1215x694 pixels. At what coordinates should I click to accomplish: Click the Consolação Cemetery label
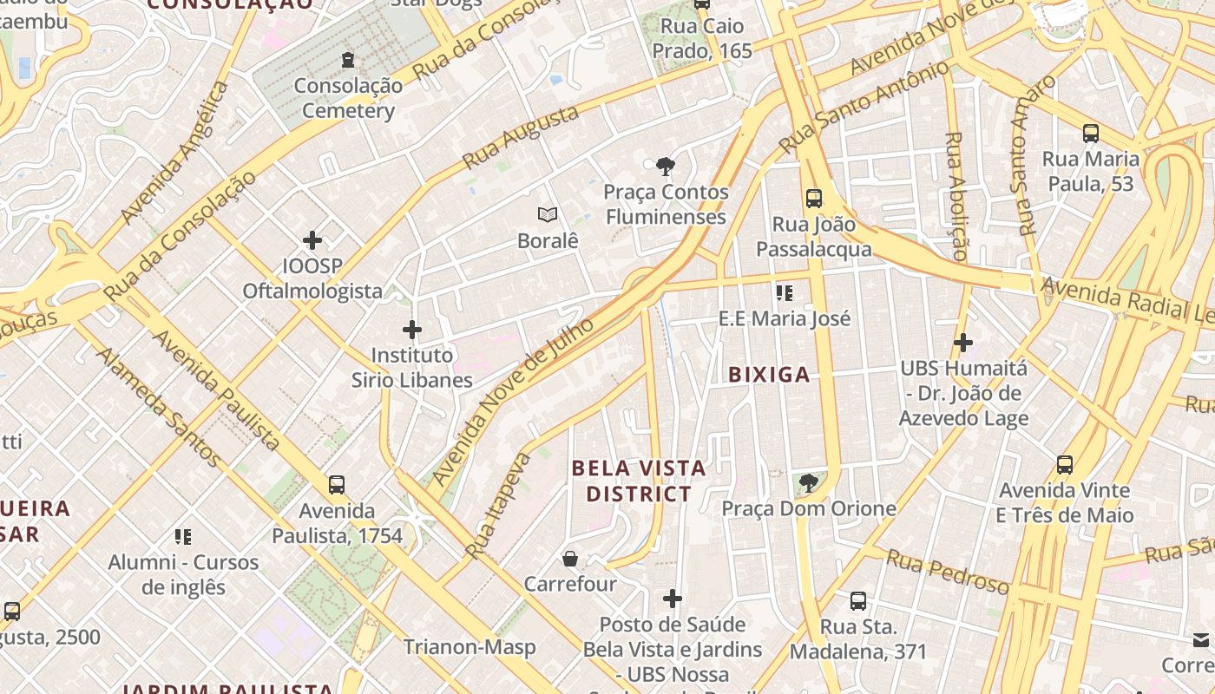coord(348,98)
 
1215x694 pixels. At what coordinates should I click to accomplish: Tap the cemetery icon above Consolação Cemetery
coord(348,59)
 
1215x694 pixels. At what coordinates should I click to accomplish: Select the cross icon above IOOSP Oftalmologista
coord(312,240)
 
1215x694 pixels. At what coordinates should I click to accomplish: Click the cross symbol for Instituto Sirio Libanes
coord(412,330)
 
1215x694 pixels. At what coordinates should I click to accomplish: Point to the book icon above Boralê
coord(547,214)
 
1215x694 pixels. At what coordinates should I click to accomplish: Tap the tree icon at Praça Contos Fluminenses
coord(666,166)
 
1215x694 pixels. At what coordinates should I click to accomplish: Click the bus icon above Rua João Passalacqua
coord(813,198)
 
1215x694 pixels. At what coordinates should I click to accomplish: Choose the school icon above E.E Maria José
coord(785,293)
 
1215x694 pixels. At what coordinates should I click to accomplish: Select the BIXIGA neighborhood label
coord(769,375)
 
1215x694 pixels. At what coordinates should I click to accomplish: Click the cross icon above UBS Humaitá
coord(962,343)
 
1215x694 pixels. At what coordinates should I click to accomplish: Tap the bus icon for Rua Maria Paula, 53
coord(1091,134)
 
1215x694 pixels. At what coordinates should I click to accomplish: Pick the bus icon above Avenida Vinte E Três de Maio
coord(1065,465)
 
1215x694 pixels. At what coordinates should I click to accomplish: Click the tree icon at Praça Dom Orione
coord(809,482)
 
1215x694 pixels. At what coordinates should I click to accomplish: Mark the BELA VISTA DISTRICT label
coord(639,481)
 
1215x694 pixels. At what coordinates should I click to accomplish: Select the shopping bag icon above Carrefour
coord(570,558)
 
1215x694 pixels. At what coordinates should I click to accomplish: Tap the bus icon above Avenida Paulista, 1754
coord(337,485)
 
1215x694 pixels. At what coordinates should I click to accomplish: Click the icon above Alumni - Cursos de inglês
coord(183,537)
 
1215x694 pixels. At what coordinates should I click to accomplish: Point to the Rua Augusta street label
coord(520,138)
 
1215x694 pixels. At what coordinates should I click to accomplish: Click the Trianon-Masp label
coord(470,647)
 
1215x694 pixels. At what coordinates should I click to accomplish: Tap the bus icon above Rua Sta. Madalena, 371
coord(858,600)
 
